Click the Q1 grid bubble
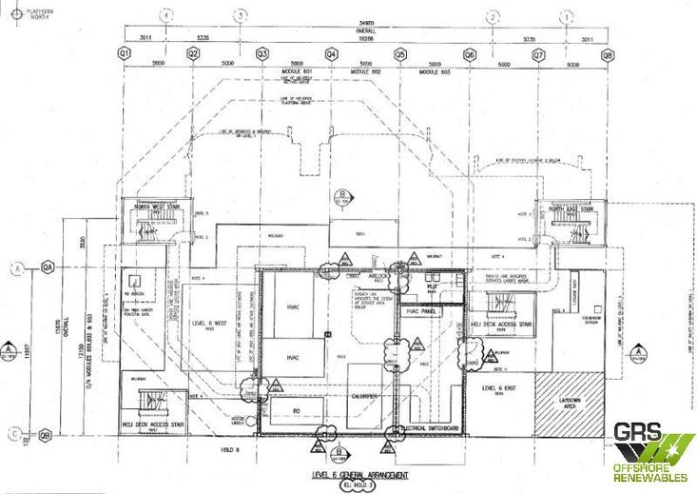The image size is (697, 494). [x=124, y=55]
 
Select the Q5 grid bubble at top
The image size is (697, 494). [x=400, y=55]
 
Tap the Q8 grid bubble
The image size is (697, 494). [x=608, y=55]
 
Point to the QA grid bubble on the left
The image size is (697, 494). [x=46, y=268]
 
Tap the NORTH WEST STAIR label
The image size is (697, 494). [x=157, y=206]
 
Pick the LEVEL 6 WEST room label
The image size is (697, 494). [x=209, y=324]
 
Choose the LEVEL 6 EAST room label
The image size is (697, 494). [x=498, y=388]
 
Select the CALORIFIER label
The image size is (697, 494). [x=364, y=396]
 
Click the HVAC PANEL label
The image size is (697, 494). [x=420, y=311]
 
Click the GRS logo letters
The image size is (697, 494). [x=636, y=432]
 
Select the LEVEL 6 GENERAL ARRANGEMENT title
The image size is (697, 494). [x=360, y=474]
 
